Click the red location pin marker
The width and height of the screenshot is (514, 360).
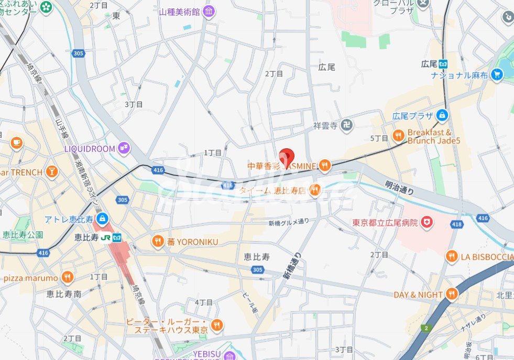tap(286, 157)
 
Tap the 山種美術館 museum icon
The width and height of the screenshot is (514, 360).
tap(209, 11)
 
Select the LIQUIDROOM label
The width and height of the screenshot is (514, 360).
tap(89, 149)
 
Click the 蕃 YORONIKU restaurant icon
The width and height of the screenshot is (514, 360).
tap(158, 242)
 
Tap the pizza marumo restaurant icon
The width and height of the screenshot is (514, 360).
tap(67, 277)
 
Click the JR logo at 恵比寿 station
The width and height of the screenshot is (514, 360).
tap(106, 237)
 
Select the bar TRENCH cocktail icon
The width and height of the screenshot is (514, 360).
tap(51, 171)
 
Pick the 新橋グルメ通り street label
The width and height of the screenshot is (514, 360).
tap(288, 223)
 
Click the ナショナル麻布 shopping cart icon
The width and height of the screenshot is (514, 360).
tap(497, 75)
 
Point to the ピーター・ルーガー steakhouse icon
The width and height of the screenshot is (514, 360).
tap(216, 325)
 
